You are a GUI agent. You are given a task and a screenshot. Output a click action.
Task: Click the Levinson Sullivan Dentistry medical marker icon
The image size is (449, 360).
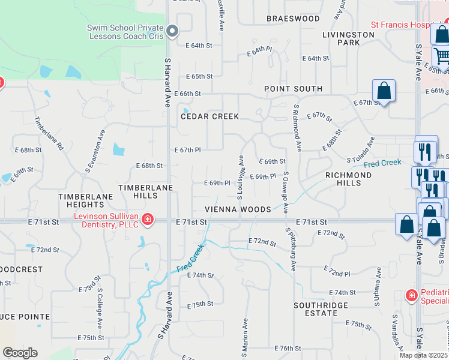point(147,221)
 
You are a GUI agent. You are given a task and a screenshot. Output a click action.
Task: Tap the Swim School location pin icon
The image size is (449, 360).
point(173,31)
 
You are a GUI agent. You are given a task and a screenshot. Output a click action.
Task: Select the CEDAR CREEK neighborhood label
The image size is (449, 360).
point(210,116)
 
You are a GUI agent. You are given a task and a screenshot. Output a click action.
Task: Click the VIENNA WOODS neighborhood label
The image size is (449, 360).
point(238,209)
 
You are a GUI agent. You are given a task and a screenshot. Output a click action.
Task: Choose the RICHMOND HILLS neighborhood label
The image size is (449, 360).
point(348,179)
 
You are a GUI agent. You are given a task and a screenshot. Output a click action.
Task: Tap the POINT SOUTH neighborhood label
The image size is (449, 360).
point(294,89)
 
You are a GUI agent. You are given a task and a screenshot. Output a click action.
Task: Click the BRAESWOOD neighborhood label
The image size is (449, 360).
point(294,19)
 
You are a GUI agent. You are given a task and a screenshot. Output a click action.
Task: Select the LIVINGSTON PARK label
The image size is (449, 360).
point(349,38)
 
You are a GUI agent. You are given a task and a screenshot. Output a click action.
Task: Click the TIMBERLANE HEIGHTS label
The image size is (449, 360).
point(85,200)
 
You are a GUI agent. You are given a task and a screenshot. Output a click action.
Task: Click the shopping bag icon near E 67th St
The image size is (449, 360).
point(384,91)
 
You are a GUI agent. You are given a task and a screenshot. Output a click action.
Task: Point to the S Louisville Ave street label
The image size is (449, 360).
point(241,177)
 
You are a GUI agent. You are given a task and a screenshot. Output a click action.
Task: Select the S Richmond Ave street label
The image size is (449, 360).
point(297,127)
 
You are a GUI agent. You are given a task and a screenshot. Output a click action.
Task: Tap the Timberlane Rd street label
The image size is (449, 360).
point(49,133)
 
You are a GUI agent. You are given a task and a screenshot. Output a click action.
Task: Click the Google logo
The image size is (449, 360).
point(20,353)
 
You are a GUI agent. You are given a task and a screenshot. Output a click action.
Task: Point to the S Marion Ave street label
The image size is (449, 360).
point(246,333)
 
